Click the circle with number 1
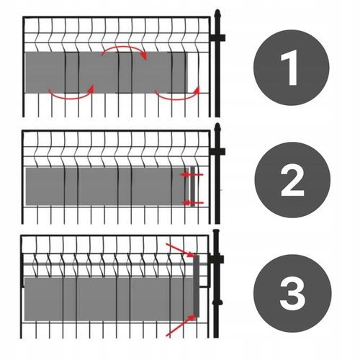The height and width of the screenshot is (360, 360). [292, 68]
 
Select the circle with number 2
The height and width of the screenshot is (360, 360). [292, 180]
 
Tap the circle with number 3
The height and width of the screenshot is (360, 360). [292, 293]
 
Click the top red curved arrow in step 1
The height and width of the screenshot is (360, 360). [125, 48]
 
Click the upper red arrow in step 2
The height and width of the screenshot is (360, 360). [192, 174]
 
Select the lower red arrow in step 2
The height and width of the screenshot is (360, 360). [192, 203]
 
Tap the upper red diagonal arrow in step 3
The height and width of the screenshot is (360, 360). [180, 250]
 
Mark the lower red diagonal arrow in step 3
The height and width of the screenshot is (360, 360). [180, 325]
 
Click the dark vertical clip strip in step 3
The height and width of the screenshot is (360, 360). [197, 286]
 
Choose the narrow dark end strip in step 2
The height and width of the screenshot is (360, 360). [193, 186]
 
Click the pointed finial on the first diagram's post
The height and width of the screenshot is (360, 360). [217, 14]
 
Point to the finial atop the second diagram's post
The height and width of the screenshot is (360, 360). [217, 128]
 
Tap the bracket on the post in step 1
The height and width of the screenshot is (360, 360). [217, 38]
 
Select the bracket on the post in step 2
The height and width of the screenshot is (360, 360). [217, 151]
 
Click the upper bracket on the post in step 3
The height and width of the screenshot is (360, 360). [216, 259]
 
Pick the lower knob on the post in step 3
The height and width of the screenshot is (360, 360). [217, 302]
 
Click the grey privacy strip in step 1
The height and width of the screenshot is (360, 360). [106, 72]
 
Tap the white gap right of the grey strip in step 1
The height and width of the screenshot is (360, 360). [193, 72]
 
